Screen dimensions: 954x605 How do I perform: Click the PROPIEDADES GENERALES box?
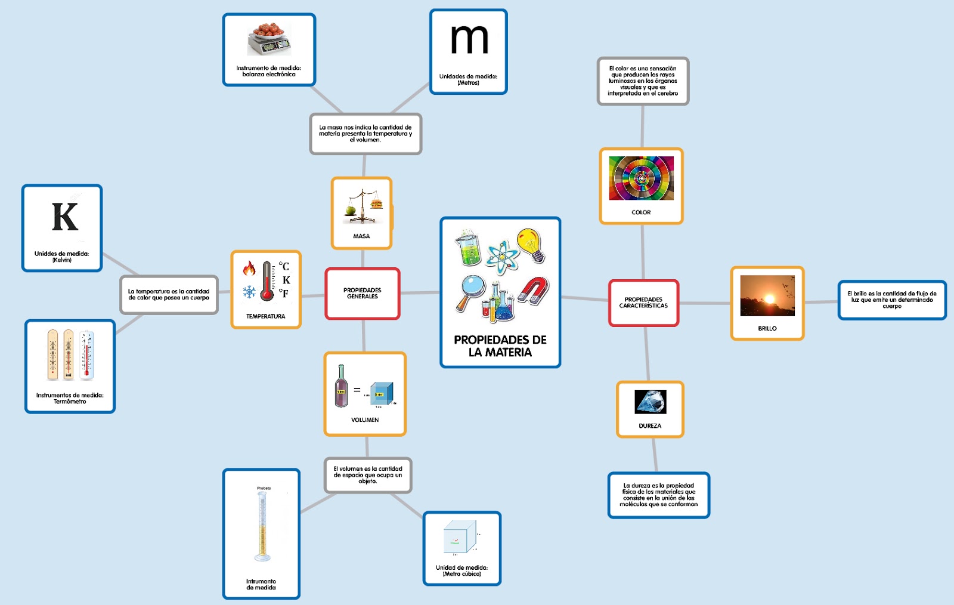point(362,293)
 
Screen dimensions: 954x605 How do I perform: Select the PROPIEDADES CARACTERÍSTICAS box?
point(643,302)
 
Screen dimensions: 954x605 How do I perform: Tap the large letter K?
point(65,217)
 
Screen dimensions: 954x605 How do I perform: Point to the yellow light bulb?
point(530,244)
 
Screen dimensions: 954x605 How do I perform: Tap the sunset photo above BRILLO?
point(767,295)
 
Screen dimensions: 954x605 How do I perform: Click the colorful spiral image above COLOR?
point(641,178)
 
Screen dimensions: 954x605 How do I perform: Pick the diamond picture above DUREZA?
point(650,402)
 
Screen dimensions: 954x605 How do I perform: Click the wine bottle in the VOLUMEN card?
point(341,386)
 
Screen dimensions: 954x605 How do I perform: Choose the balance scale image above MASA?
point(362,205)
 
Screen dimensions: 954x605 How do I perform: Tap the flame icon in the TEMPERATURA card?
point(249,268)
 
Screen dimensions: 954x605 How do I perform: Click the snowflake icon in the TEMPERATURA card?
point(249,292)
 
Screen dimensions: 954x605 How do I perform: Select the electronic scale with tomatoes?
point(269,39)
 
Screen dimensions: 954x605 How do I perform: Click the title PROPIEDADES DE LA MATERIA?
point(500,346)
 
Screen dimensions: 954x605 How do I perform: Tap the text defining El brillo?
point(891,300)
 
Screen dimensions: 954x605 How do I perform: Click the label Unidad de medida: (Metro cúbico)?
point(461,570)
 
